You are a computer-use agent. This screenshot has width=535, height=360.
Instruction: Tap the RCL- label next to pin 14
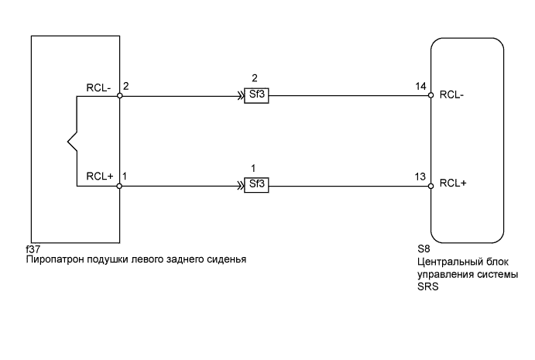pyautogui.click(x=451, y=95)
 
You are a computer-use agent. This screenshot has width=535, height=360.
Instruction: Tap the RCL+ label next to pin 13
pyautogui.click(x=451, y=184)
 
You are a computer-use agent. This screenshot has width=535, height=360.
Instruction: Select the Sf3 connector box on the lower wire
pyautogui.click(x=255, y=186)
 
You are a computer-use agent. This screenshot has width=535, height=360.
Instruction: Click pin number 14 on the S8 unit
pyautogui.click(x=420, y=86)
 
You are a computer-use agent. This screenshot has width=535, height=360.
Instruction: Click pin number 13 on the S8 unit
pyautogui.click(x=420, y=176)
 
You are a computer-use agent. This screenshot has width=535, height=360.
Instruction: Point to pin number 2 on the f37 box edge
pyautogui.click(x=127, y=86)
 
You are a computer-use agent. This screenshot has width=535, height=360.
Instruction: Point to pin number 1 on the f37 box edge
pyautogui.click(x=127, y=176)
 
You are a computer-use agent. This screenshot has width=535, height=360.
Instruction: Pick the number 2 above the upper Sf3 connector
pyautogui.click(x=255, y=78)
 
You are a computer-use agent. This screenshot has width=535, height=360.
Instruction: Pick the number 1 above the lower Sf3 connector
pyautogui.click(x=255, y=168)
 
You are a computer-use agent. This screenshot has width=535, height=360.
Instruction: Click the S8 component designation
pyautogui.click(x=423, y=249)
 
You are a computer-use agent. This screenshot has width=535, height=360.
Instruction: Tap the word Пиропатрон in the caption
pyautogui.click(x=55, y=259)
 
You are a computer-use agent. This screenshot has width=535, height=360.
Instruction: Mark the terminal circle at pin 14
pyautogui.click(x=430, y=97)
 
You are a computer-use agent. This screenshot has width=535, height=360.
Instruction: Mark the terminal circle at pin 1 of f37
pyautogui.click(x=120, y=186)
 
